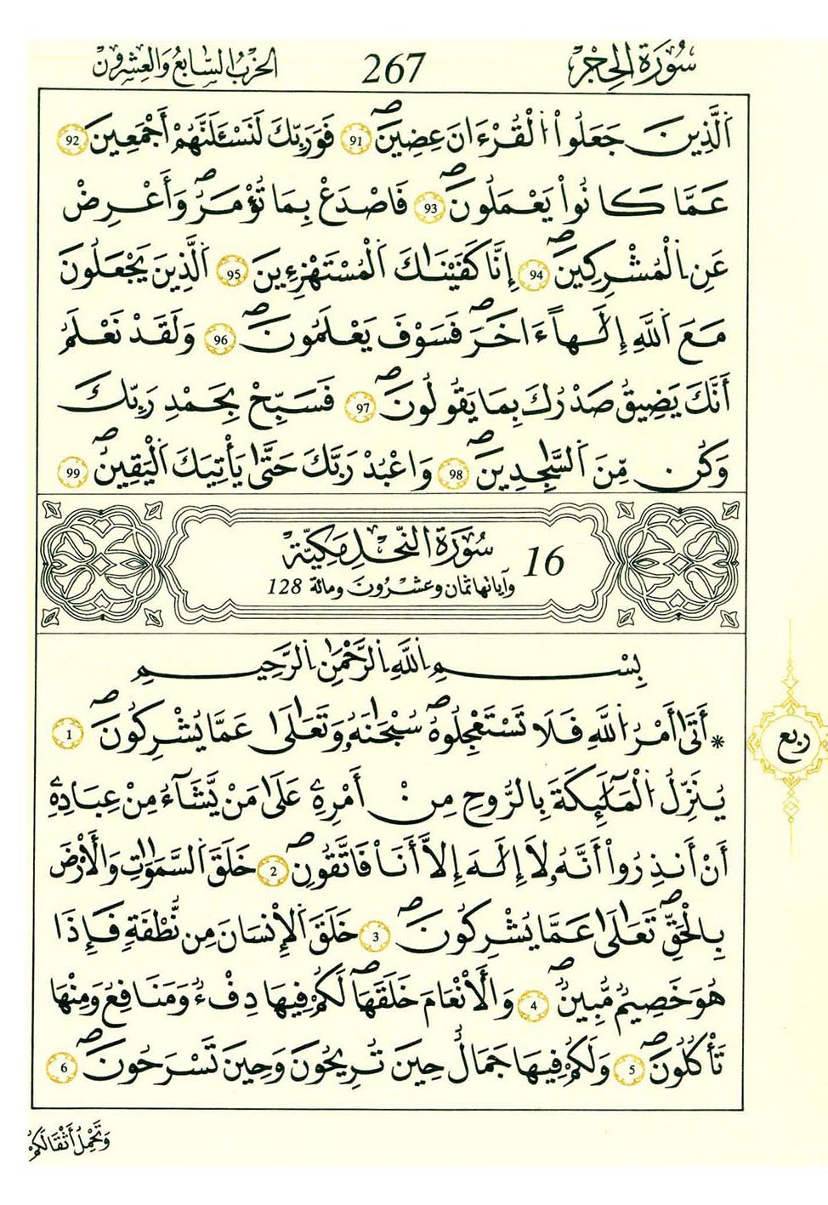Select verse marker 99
[x=72, y=473]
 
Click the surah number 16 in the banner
[x=544, y=561]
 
